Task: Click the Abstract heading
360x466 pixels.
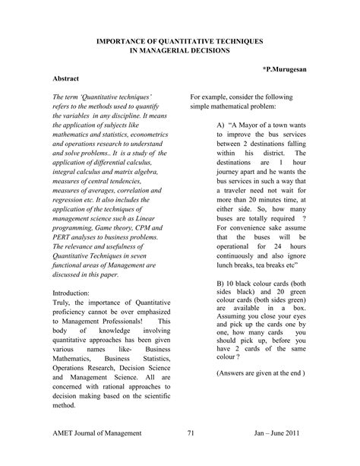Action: click(x=65, y=78)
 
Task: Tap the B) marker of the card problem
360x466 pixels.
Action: click(x=220, y=282)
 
